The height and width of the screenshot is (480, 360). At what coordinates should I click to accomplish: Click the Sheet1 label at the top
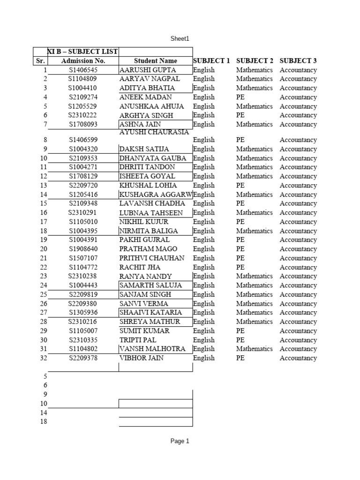pyautogui.click(x=180, y=39)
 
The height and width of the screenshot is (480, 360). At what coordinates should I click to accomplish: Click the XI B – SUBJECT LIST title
pyautogui.click(x=83, y=51)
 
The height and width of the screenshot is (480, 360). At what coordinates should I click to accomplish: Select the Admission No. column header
pyautogui.click(x=83, y=61)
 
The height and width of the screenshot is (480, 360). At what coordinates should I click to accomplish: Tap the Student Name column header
pyautogui.click(x=156, y=61)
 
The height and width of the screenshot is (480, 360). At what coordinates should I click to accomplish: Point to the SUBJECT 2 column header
pyautogui.click(x=255, y=61)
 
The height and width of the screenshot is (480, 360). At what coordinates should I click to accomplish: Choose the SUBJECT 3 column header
pyautogui.click(x=298, y=61)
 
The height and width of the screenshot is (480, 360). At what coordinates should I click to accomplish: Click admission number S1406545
pyautogui.click(x=83, y=70)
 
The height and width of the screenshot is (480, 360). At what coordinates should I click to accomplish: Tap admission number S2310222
pyautogui.click(x=83, y=115)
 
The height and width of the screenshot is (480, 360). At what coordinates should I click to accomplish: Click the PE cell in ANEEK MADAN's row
pyautogui.click(x=240, y=97)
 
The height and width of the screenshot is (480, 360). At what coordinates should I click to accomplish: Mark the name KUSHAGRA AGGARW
pyautogui.click(x=156, y=195)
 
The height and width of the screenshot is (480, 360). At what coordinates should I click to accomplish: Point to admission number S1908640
pyautogui.click(x=83, y=249)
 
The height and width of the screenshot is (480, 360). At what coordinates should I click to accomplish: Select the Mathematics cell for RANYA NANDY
pyautogui.click(x=255, y=276)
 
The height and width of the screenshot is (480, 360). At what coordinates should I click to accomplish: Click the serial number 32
pyautogui.click(x=43, y=358)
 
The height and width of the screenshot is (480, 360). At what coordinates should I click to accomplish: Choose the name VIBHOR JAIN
pyautogui.click(x=141, y=358)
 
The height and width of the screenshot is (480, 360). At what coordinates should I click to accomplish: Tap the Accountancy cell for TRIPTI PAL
pyautogui.click(x=298, y=340)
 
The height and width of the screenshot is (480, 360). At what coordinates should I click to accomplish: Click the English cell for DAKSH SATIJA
pyautogui.click(x=204, y=149)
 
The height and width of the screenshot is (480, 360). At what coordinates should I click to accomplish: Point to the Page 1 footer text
pyautogui.click(x=180, y=441)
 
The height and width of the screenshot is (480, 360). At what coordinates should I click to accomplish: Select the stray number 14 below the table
pyautogui.click(x=44, y=412)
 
